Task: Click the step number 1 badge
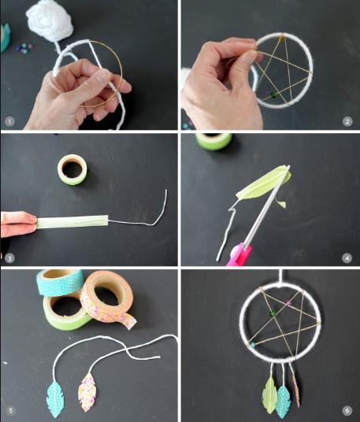click(x=9, y=122)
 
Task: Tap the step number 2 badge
click(x=347, y=122)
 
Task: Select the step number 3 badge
click(x=9, y=259)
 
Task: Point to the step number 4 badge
click(x=347, y=258)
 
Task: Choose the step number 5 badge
click(x=10, y=411)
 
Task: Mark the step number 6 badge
click(x=347, y=411)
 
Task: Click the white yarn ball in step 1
click(x=50, y=20)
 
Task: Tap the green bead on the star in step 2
click(x=274, y=94)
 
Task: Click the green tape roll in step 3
click(x=72, y=169)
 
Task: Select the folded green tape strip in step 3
click(x=72, y=222)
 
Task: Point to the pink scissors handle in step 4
click(x=239, y=254)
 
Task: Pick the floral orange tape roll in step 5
click(x=108, y=298)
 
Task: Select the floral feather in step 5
click(x=87, y=393)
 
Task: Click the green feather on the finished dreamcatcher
click(x=269, y=395)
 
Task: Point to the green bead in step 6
click(x=273, y=313)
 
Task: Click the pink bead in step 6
click(x=288, y=303)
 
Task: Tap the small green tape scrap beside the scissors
click(x=282, y=204)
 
